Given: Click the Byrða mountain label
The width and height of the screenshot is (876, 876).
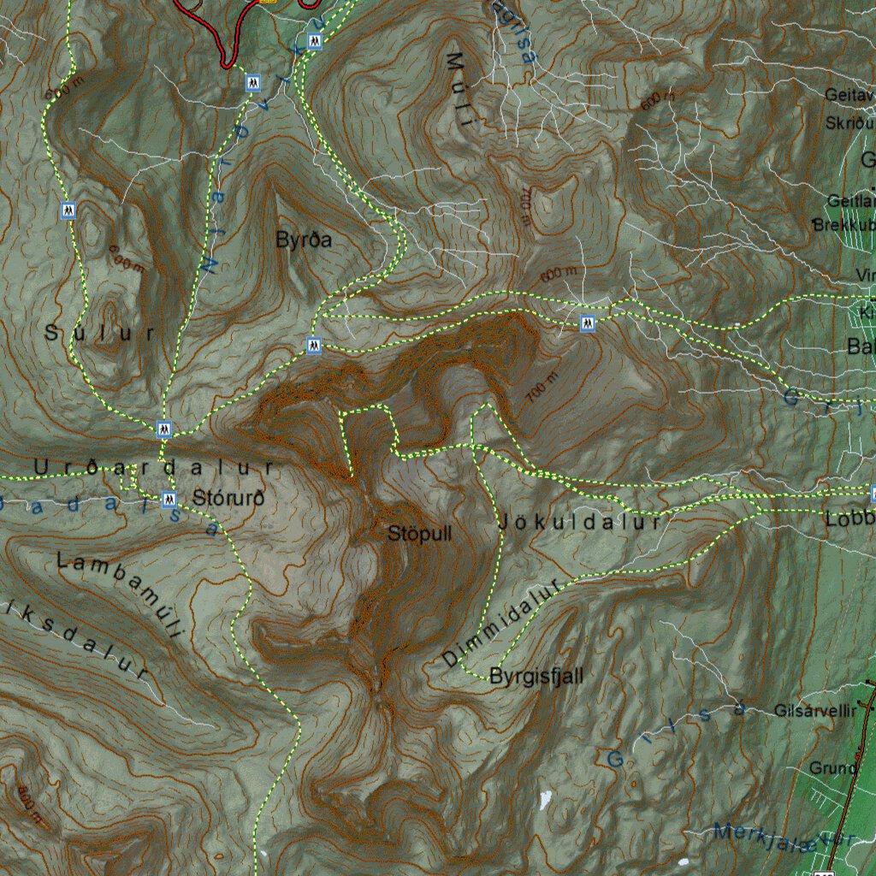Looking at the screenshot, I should (x=303, y=240).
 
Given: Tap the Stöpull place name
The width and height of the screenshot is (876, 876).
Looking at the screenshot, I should (x=419, y=534).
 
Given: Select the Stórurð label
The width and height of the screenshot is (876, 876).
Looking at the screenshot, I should (x=228, y=497).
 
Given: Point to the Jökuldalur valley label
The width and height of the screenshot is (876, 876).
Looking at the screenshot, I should (x=579, y=522).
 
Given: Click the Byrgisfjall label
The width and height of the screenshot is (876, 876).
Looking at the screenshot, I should (x=536, y=677).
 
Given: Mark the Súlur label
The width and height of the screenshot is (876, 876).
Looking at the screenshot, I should (x=100, y=334).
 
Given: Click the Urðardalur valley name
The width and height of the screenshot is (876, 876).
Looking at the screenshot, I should (x=154, y=468).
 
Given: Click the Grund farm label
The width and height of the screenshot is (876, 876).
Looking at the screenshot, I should (x=832, y=768).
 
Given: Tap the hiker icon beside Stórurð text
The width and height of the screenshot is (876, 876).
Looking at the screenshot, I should (x=169, y=500).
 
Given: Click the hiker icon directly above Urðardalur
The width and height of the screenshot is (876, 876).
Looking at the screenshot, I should (x=164, y=429).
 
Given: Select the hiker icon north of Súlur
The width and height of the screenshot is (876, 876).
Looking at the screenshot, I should (x=68, y=210).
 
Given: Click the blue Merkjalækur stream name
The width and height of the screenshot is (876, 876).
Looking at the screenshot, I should (x=774, y=838).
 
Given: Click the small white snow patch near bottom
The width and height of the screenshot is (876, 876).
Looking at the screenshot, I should (x=545, y=800).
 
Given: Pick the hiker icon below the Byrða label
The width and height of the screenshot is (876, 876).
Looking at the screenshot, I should (x=314, y=346).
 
